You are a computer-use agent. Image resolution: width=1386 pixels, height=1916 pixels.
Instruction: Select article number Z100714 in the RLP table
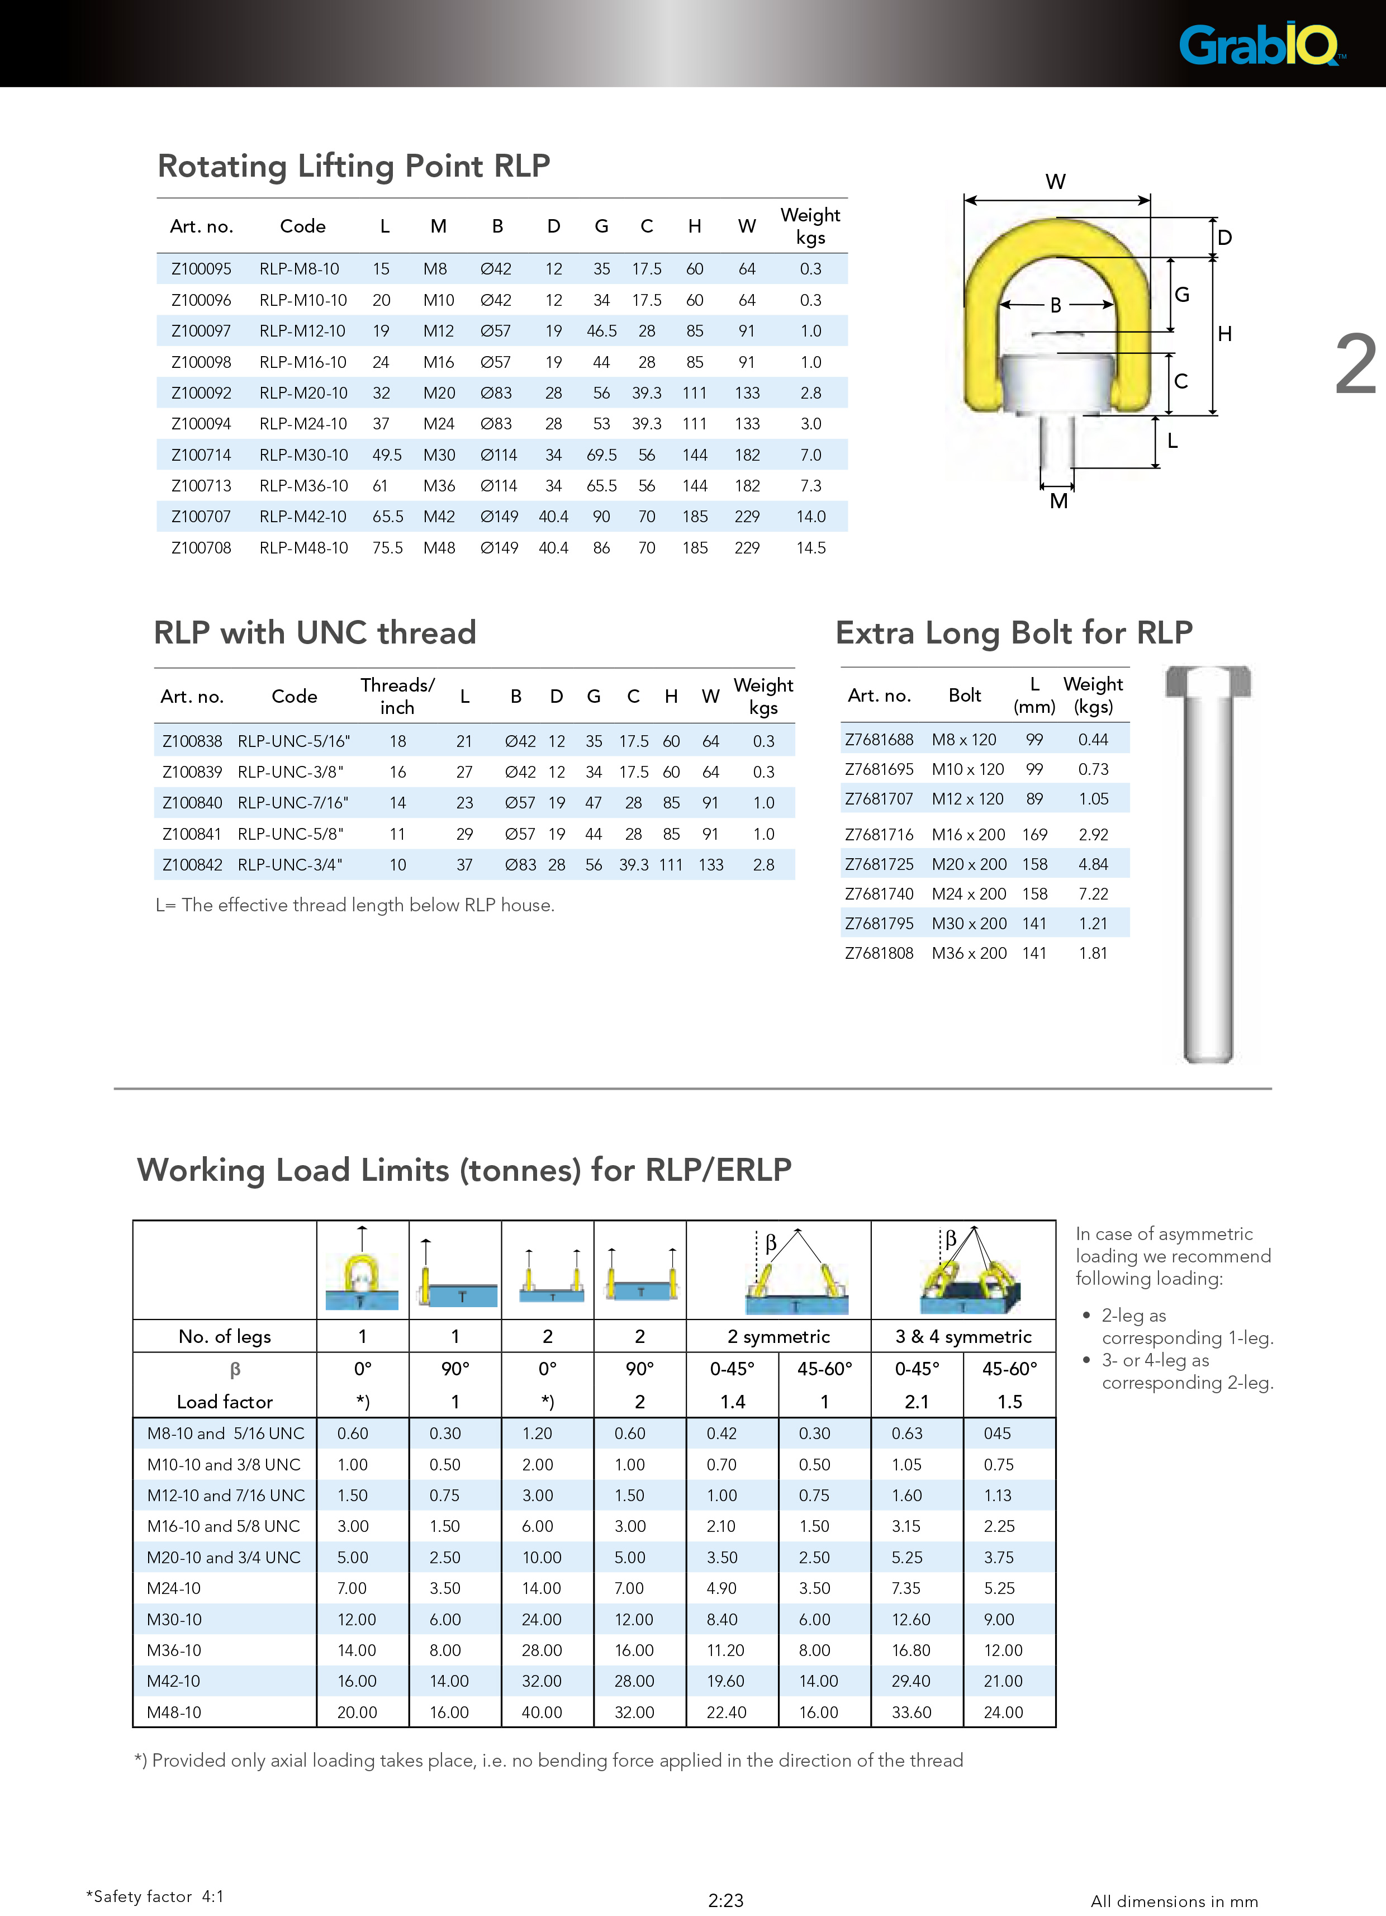[x=201, y=455]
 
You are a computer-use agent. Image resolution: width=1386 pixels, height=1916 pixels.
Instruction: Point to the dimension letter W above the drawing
[x=1056, y=182]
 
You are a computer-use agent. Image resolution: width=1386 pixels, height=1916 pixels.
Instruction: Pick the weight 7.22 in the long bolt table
[x=1093, y=894]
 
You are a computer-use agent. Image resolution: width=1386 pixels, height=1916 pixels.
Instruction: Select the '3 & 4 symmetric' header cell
[x=963, y=1336]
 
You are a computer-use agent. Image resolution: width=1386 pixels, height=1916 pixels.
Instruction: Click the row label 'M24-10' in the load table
[x=174, y=1588]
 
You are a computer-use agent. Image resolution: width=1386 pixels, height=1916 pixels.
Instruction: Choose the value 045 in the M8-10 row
[x=998, y=1434]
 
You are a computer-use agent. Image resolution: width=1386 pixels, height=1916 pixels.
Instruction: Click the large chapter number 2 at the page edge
[x=1356, y=365]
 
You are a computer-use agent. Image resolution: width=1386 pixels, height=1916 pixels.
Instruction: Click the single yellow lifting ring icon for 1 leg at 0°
[x=362, y=1271]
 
